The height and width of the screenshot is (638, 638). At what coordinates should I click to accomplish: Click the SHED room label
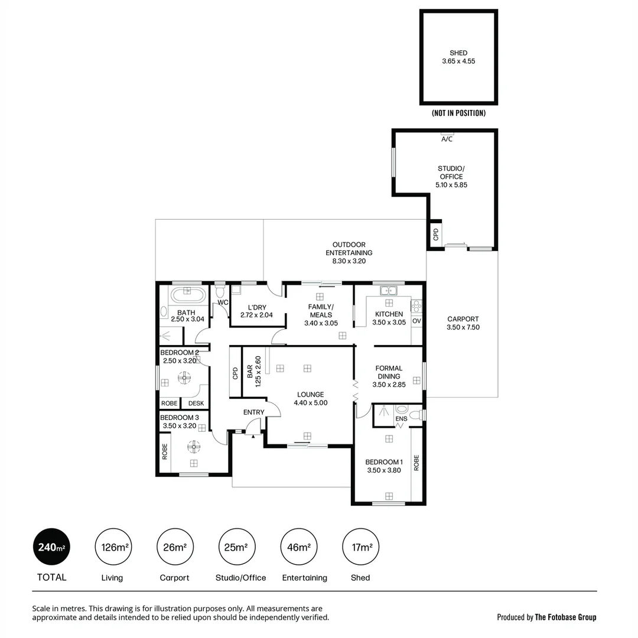458,53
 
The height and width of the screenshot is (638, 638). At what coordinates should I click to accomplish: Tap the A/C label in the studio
447,139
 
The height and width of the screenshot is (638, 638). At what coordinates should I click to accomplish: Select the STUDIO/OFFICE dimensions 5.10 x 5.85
451,185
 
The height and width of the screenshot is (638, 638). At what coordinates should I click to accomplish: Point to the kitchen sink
389,290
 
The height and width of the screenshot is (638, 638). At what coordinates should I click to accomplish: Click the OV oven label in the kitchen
416,321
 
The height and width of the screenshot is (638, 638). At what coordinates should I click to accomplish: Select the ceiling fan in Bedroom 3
194,446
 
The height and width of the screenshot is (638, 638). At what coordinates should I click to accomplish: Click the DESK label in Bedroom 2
196,403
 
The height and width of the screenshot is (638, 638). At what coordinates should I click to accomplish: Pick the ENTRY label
254,412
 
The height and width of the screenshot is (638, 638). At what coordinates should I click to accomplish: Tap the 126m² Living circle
113,547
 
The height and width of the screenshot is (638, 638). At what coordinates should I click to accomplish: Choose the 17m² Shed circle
361,547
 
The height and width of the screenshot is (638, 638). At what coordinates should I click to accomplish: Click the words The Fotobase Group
565,617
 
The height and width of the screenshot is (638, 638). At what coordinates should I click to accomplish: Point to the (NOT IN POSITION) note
458,113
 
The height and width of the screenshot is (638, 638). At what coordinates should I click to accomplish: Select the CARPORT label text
463,319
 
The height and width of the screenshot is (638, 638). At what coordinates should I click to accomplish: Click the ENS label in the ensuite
401,419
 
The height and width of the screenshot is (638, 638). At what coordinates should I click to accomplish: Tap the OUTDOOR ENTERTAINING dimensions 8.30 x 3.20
349,261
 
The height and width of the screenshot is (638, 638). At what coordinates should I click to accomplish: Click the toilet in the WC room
220,292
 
